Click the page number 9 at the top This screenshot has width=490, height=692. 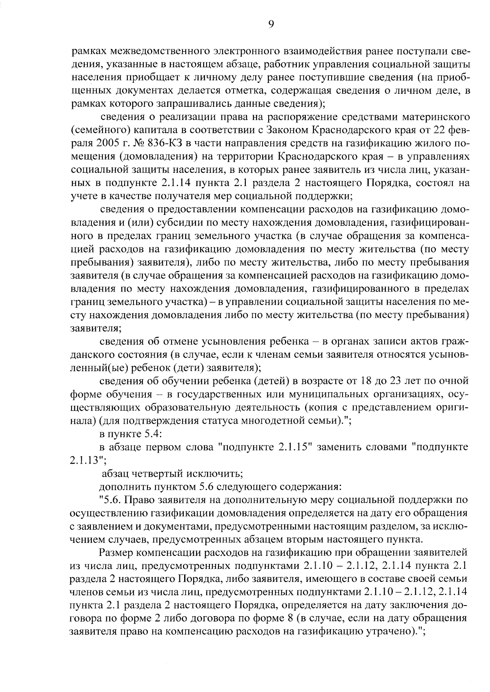(x=271, y=24)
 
